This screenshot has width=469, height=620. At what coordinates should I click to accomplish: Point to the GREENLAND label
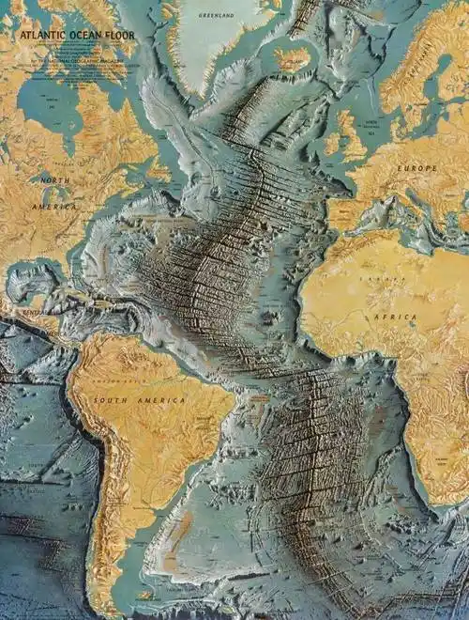click(218, 16)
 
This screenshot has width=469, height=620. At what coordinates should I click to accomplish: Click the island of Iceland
click(293, 59)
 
